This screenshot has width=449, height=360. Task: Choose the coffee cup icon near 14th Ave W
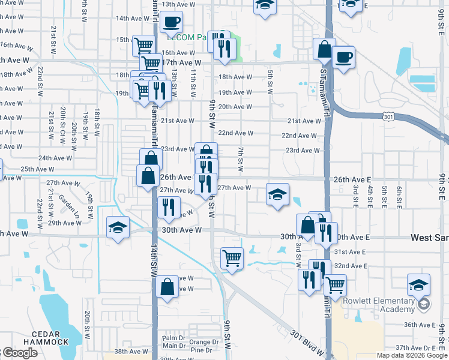(171, 22)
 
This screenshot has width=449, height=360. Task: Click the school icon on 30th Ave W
(118, 227)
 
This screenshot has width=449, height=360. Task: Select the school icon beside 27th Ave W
(278, 194)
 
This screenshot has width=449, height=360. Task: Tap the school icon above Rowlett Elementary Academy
(418, 284)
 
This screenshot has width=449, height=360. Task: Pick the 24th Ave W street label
(55, 158)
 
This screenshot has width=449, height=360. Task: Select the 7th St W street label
(240, 160)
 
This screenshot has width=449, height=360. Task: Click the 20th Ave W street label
(235, 107)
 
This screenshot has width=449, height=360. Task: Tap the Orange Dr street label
(200, 343)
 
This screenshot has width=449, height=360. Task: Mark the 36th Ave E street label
(420, 325)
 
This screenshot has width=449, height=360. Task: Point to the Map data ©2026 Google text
(412, 355)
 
